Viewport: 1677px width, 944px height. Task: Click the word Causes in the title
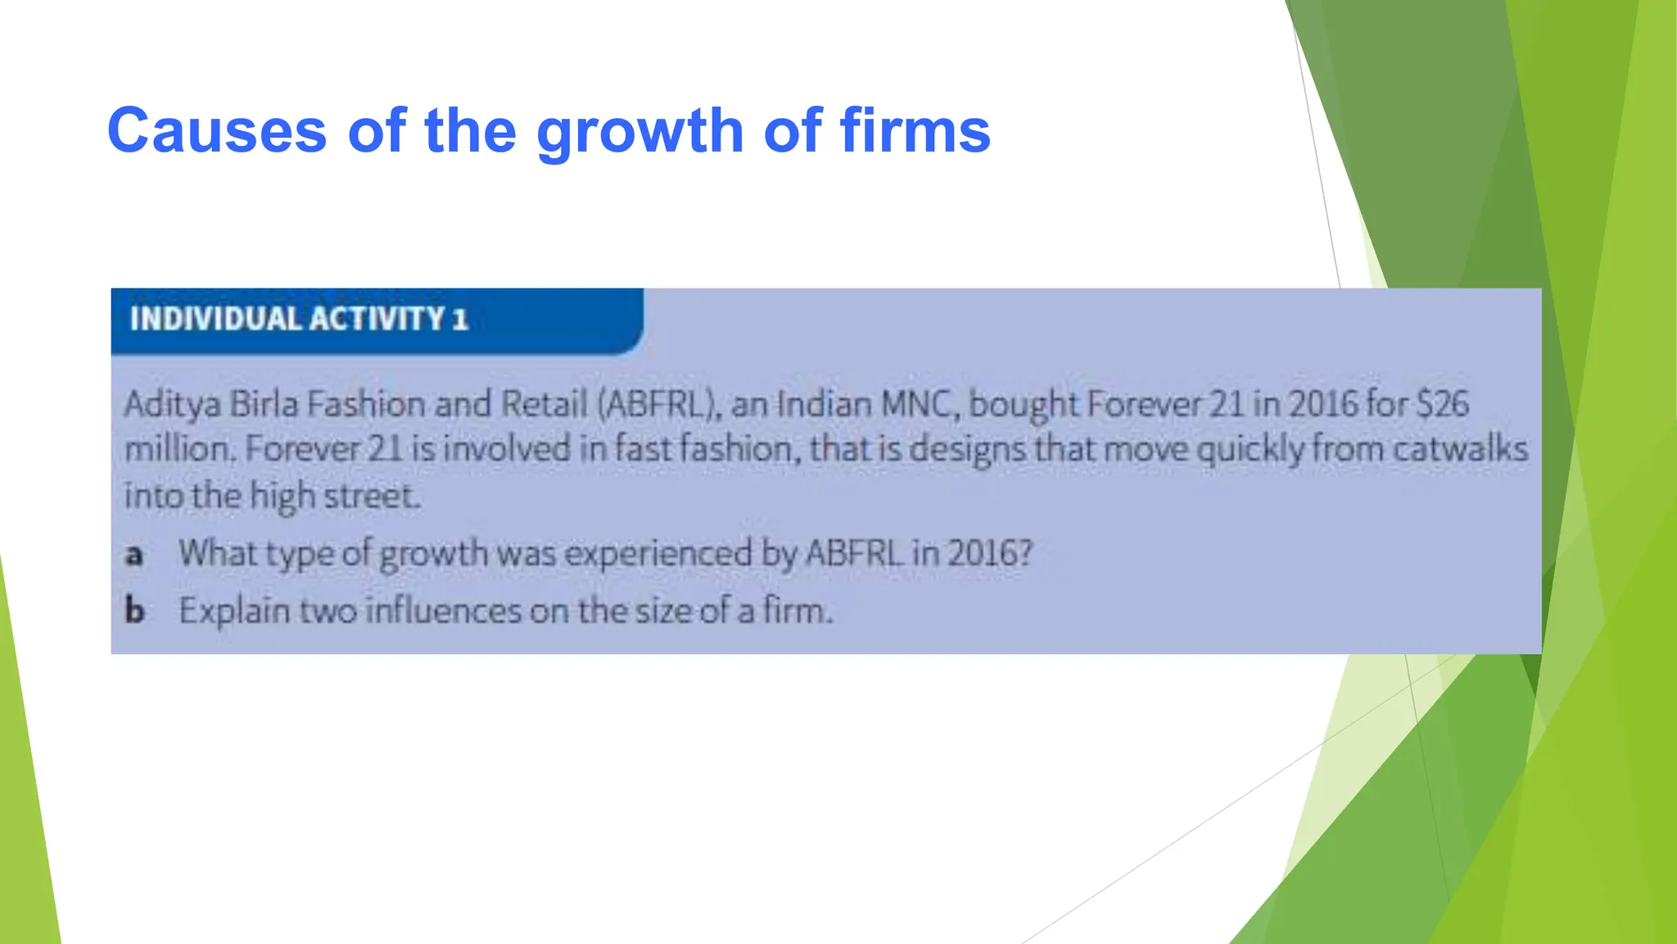coord(217,130)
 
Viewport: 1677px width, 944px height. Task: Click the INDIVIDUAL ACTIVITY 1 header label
coord(298,319)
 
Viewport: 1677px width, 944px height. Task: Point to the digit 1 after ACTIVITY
coord(459,319)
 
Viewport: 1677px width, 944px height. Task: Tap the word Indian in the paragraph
coord(823,405)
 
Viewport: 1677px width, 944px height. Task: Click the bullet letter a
coord(134,555)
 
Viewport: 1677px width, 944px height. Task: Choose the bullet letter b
coord(134,611)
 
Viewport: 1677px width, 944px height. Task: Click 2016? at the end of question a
coord(990,554)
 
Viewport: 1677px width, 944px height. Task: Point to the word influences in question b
coord(442,611)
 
